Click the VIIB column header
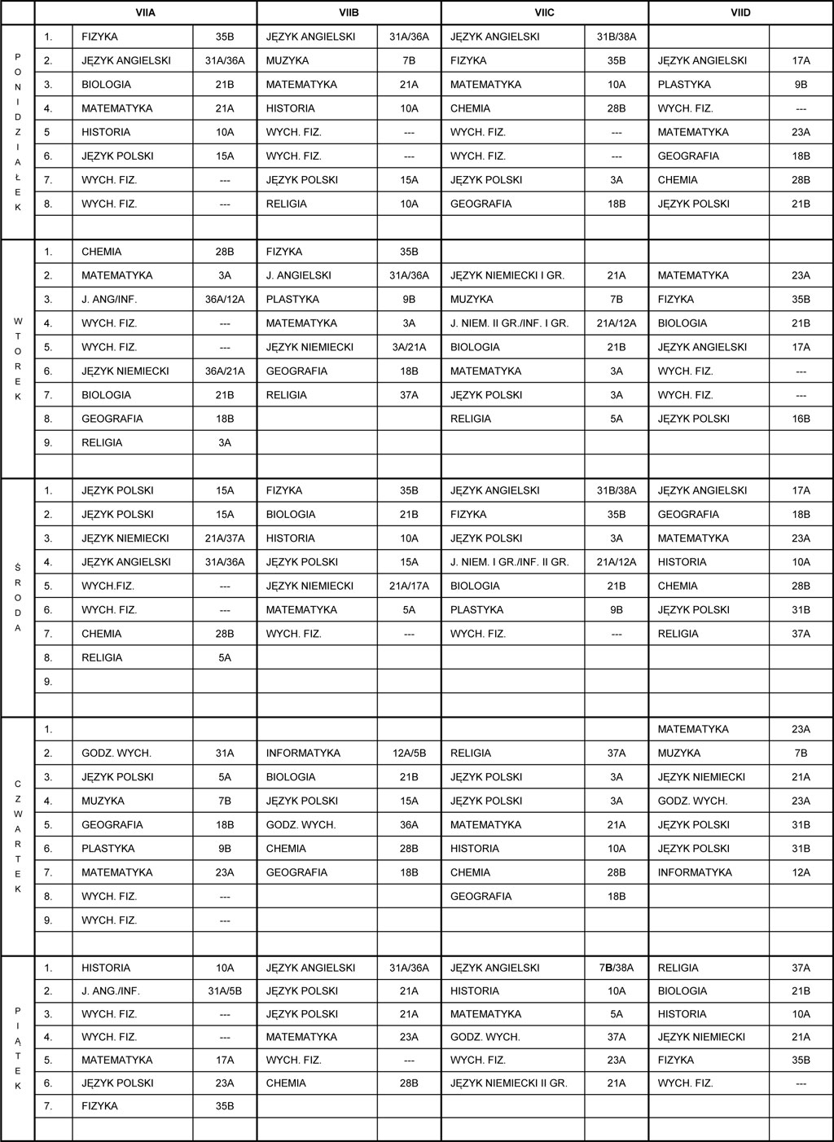(349, 13)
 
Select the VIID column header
(740, 13)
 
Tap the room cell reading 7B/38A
(616, 969)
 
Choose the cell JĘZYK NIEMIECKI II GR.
(508, 1083)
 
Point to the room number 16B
(801, 419)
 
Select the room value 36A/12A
(224, 300)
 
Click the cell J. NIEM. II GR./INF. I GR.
(509, 323)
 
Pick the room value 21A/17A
(409, 586)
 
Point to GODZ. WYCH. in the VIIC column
(485, 1038)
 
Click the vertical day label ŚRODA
(18, 598)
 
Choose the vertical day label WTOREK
(18, 358)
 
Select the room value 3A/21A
(409, 348)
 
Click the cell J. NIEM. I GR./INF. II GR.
(509, 563)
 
